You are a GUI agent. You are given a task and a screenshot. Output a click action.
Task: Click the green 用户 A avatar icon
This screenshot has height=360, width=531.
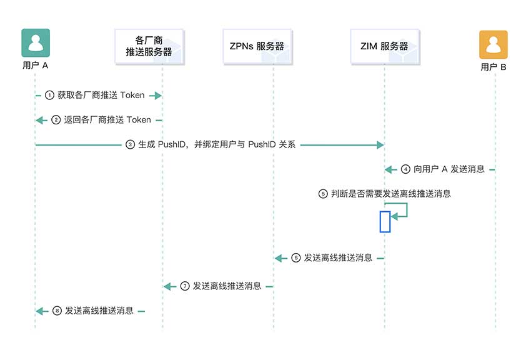[x=36, y=42]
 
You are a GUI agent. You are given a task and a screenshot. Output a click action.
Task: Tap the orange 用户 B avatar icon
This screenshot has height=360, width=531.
[x=494, y=45]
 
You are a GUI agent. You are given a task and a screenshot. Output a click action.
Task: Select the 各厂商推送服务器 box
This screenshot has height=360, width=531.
[x=149, y=46]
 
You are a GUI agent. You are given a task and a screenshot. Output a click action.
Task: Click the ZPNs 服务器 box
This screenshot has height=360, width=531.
[x=257, y=46]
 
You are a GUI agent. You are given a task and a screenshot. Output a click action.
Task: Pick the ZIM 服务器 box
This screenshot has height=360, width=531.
[x=385, y=46]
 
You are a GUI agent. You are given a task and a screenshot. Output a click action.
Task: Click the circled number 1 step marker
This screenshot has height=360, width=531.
[x=49, y=95]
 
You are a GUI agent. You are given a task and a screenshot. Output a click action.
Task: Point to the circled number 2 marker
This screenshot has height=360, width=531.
[x=56, y=120]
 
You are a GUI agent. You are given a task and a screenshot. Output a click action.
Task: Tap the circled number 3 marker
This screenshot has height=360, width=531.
[x=131, y=144]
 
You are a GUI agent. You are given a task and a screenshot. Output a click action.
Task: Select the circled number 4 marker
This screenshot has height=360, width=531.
[x=405, y=169]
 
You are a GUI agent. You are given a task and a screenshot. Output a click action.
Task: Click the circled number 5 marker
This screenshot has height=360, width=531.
[x=323, y=194]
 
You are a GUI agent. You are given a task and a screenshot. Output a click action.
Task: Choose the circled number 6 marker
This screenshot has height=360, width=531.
[x=296, y=258]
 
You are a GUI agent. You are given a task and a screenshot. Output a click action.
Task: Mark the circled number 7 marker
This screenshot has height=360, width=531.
[x=185, y=286]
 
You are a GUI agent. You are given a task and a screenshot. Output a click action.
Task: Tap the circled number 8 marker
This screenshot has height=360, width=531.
[x=57, y=311]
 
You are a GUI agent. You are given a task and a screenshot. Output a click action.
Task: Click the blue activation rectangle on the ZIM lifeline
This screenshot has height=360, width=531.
[x=385, y=222]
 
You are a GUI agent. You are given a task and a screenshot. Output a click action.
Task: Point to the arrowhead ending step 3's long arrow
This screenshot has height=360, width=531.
[x=380, y=145]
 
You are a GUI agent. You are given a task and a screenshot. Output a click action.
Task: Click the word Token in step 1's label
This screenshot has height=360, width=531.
[x=132, y=95]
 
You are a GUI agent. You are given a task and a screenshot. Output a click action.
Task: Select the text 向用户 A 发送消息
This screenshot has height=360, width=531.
[x=449, y=169]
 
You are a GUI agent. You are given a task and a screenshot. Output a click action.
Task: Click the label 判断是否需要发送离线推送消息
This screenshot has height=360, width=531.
[x=391, y=194]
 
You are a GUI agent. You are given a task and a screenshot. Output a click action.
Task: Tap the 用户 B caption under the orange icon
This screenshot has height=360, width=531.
[x=494, y=67]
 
